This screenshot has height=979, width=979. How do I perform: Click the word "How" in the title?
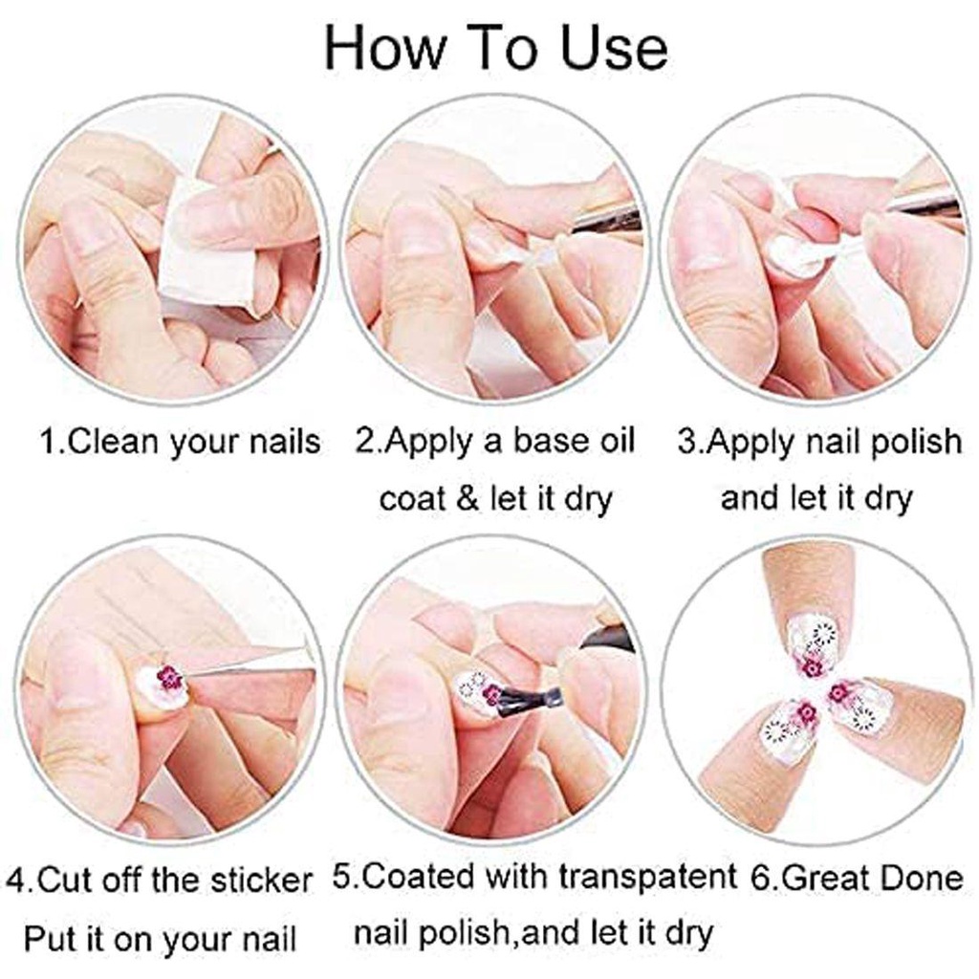pyautogui.click(x=382, y=49)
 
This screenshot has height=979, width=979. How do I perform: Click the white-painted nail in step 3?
pyautogui.click(x=792, y=256)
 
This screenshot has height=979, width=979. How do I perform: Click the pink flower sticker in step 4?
pyautogui.click(x=170, y=677)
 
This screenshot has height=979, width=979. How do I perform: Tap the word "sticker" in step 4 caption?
pyautogui.click(x=261, y=881)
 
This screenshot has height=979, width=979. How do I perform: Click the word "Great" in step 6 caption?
pyautogui.click(x=817, y=880)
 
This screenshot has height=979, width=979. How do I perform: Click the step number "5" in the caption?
pyautogui.click(x=340, y=878)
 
